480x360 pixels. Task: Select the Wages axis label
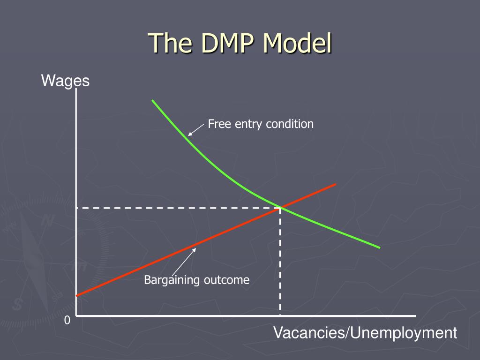65,81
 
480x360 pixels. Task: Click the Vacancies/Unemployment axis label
365,333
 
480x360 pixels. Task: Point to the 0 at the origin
67,321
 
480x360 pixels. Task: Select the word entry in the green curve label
245,124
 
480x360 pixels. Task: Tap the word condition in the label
289,124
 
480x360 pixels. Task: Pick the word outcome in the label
226,280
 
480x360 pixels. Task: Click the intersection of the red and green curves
280,207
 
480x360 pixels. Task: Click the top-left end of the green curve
152,100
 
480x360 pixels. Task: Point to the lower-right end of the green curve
379,247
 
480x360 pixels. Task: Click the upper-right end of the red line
336,184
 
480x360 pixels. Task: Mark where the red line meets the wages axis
76,295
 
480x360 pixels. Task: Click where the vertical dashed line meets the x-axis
280,315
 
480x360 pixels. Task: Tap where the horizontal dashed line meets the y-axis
76,207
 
